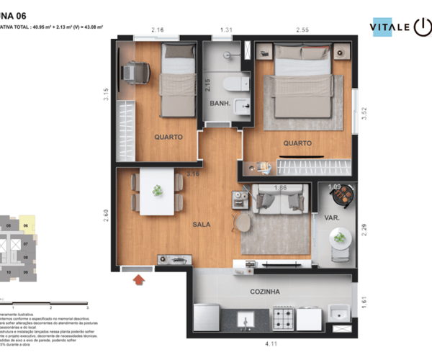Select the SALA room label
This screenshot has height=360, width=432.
click(202, 225)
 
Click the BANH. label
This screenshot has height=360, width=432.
click(220, 104)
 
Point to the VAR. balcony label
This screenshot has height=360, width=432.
click(333, 217)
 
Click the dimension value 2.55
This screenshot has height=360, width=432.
click(302, 30)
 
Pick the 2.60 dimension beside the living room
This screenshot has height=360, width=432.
click(107, 215)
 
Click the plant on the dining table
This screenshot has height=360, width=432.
click(157, 191)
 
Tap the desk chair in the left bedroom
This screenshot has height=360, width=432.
click(135, 72)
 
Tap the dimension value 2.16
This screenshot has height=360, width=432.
click(158, 30)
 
